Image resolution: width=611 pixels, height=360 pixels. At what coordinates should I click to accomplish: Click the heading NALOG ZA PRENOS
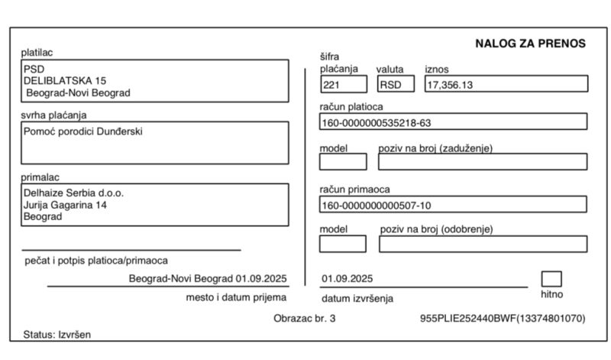pos(530,44)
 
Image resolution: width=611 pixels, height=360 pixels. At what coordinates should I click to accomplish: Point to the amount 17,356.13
pos(450,85)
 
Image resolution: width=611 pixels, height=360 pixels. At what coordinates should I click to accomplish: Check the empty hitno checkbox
pos(551,279)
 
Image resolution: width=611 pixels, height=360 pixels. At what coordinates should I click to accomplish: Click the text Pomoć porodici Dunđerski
pos(83,131)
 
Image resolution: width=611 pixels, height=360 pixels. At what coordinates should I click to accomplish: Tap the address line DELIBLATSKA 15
pos(65,80)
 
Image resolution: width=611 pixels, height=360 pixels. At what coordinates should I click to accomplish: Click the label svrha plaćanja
pos(53,115)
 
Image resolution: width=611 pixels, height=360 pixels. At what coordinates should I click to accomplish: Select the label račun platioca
pos(351,106)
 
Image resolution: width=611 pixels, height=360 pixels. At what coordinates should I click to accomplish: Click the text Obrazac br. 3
pos(304,318)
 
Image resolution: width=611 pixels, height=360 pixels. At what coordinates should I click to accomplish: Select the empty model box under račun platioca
pos(342,161)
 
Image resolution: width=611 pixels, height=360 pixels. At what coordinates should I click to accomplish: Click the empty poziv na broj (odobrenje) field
pos(483,244)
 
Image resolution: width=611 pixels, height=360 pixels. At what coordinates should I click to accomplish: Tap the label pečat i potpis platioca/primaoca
pos(96,261)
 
